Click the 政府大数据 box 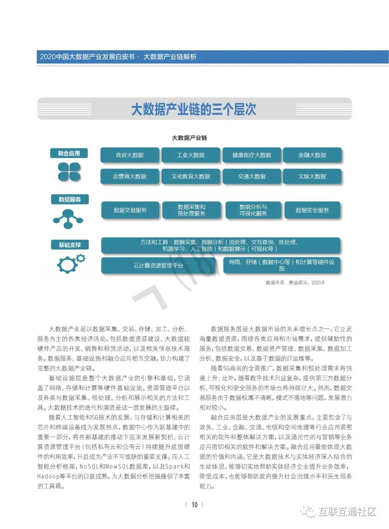pos(130,155)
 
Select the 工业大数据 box pos(191,155)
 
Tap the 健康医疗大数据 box pos(251,155)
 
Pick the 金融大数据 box pos(312,155)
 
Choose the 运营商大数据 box pos(130,176)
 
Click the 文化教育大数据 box pos(191,176)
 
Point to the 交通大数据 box pos(251,176)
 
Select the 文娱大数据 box pos(312,176)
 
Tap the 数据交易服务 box pos(130,210)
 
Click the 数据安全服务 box pos(312,210)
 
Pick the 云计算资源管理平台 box pos(158,266)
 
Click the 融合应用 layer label pos(69,153)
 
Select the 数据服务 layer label pos(70,199)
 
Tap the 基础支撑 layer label pos(70,245)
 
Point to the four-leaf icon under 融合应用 pos(69,172)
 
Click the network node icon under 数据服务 pos(68,219)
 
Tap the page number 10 pos(194,505)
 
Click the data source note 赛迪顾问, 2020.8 pos(295,283)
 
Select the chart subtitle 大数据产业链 pos(189,138)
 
